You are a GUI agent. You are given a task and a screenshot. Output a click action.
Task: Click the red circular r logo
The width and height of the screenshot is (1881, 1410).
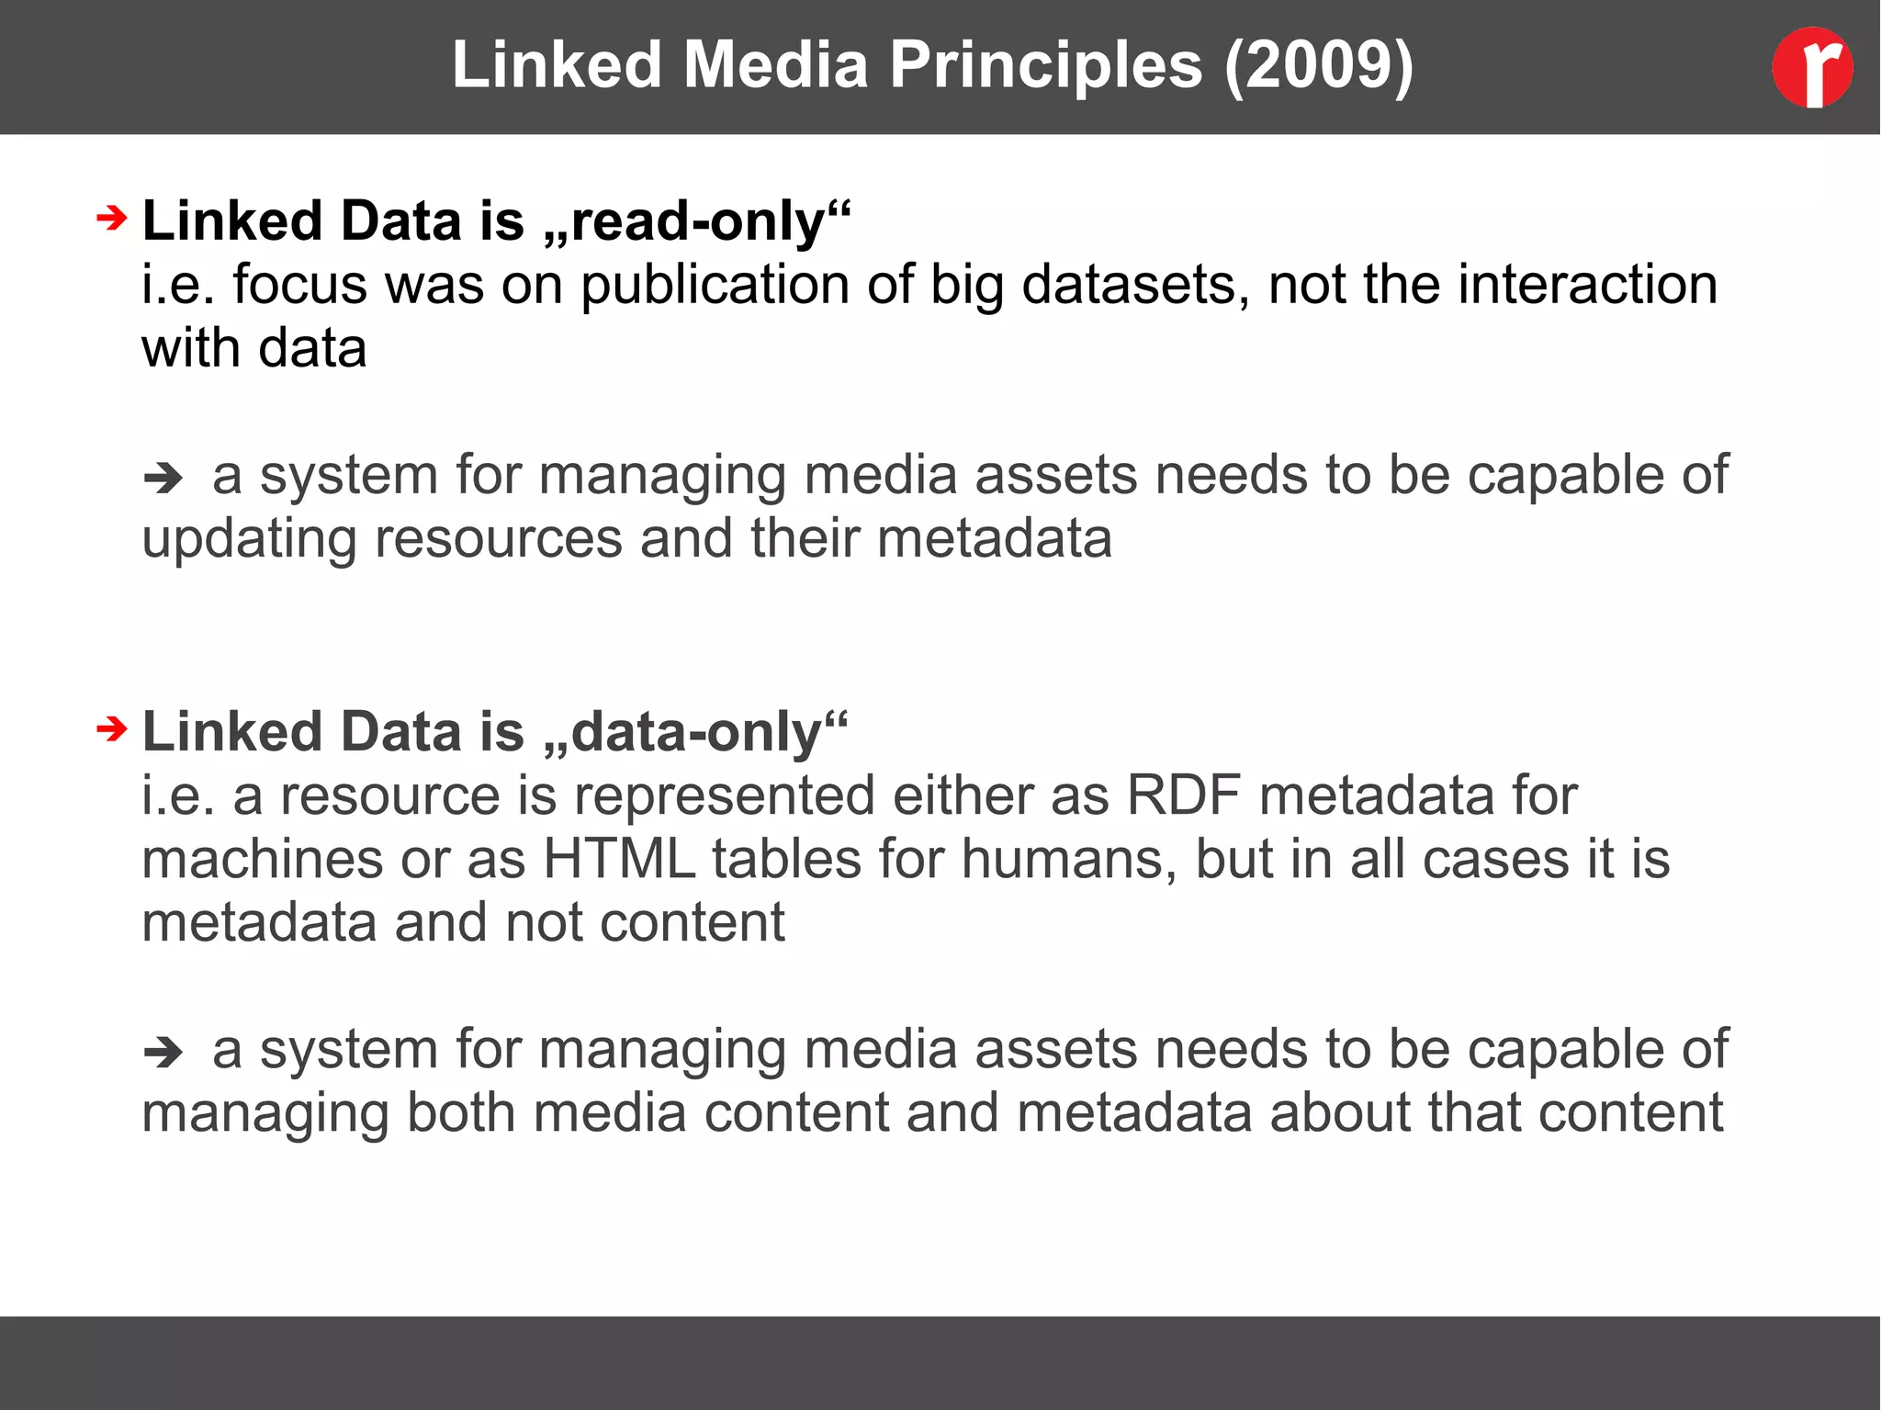[1811, 67]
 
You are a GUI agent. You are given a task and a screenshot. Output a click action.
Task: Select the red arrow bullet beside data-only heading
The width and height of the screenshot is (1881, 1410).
[111, 729]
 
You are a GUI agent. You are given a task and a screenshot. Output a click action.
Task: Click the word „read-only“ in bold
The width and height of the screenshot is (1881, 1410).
[697, 221]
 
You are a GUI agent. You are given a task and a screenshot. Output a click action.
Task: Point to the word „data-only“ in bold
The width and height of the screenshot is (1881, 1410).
[695, 732]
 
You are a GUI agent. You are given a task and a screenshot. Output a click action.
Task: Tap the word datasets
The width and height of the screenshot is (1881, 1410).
[1135, 285]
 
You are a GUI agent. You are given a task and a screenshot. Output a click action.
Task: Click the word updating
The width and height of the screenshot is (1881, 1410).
[249, 539]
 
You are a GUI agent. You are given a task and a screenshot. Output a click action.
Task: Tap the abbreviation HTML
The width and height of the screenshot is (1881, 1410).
[619, 860]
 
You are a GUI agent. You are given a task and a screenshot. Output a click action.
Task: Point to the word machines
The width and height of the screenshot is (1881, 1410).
[262, 860]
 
